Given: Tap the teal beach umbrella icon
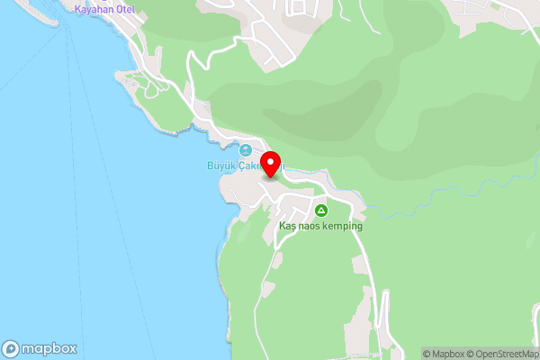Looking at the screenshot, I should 246,149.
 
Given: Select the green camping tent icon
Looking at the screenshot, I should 320,211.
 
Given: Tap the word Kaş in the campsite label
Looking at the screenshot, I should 287,226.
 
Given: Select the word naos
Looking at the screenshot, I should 310,226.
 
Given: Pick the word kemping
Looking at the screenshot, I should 344,226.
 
